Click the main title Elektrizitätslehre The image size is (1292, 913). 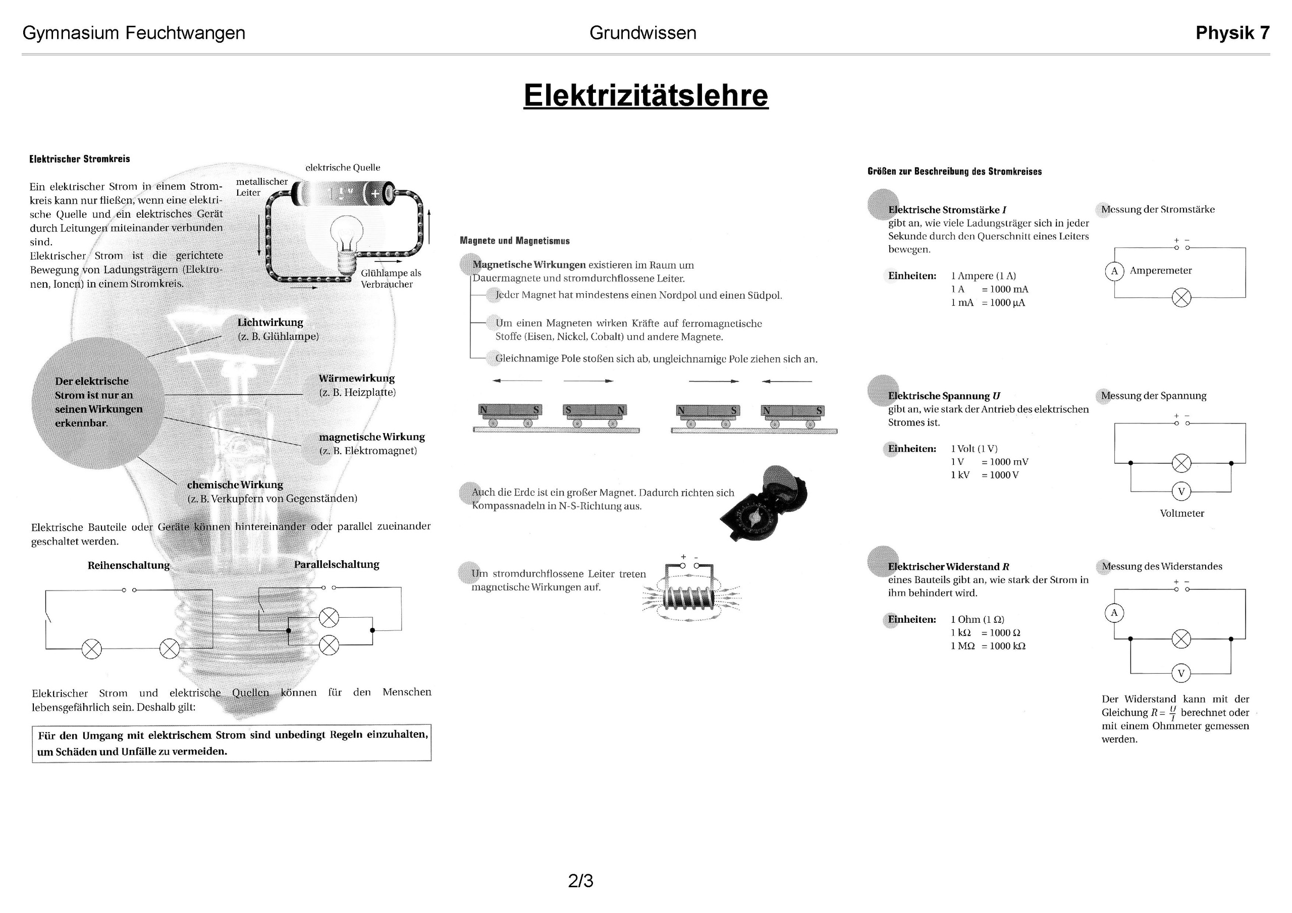pyautogui.click(x=645, y=95)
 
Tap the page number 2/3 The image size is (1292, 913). pyautogui.click(x=581, y=880)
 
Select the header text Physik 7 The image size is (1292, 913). pyautogui.click(x=1232, y=33)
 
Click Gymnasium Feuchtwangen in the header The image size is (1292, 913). pyautogui.click(x=134, y=33)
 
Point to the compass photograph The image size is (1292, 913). pyautogui.click(x=764, y=504)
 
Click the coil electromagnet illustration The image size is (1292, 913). pyautogui.click(x=691, y=597)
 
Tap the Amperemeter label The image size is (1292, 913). pyautogui.click(x=1160, y=271)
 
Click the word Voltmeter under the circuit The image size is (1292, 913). pyautogui.click(x=1181, y=513)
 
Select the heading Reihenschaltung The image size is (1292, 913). pyautogui.click(x=128, y=565)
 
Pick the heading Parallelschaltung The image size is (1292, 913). pyautogui.click(x=337, y=565)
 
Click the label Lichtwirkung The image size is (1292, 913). pyautogui.click(x=270, y=323)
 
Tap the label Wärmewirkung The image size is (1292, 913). pyautogui.click(x=357, y=378)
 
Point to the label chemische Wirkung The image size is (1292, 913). pyautogui.click(x=235, y=485)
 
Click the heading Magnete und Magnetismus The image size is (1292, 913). pyautogui.click(x=514, y=241)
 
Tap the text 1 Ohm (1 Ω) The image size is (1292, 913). pyautogui.click(x=978, y=619)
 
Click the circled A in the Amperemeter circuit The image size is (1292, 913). pyautogui.click(x=1114, y=272)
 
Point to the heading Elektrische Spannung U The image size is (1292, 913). pyautogui.click(x=944, y=396)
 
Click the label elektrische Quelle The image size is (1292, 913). pyautogui.click(x=343, y=168)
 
